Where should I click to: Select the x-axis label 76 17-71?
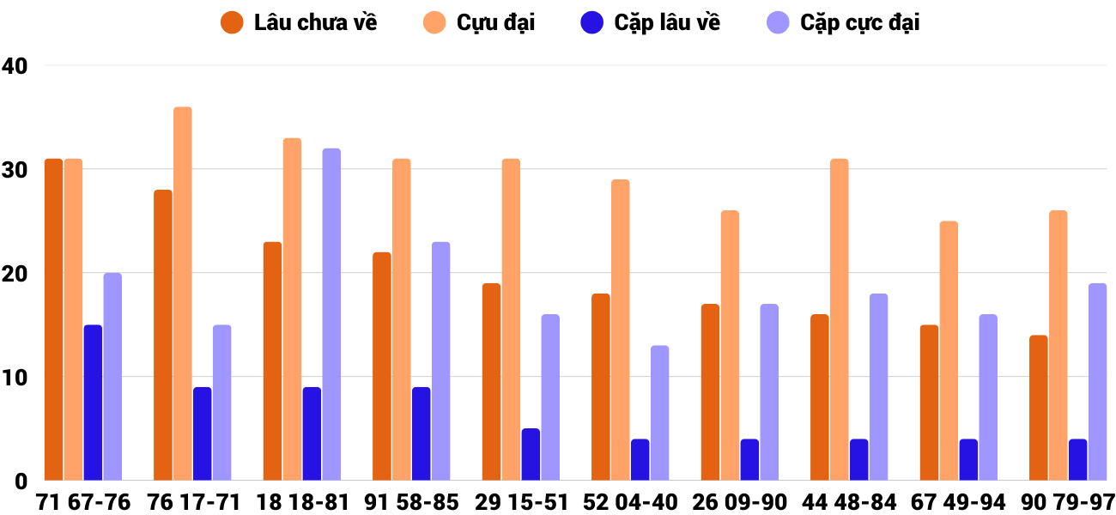(x=193, y=502)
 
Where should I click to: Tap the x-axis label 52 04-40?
(x=630, y=502)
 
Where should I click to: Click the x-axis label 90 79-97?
(x=1068, y=502)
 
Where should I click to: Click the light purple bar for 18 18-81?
(x=331, y=314)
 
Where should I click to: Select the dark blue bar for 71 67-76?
(x=93, y=403)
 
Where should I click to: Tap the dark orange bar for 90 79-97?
(x=1038, y=408)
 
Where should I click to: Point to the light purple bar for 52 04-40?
(x=659, y=413)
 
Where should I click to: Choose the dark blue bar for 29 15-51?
(x=531, y=454)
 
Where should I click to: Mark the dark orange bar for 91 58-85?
(x=382, y=367)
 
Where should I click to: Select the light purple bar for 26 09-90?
(x=769, y=392)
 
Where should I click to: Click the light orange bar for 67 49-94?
(x=949, y=350)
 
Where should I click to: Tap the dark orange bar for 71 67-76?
(x=53, y=319)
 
